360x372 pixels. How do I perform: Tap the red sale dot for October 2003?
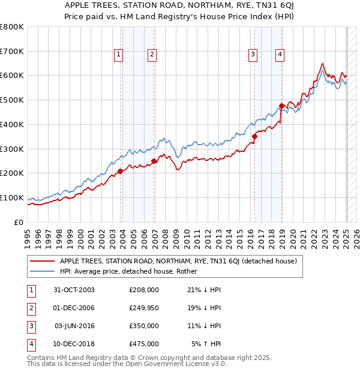[x=120, y=171]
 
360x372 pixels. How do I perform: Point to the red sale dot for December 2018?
[x=281, y=106]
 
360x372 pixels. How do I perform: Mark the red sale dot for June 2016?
[x=254, y=136]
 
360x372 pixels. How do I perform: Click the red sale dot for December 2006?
[x=154, y=161]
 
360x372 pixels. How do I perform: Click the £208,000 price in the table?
[x=144, y=289]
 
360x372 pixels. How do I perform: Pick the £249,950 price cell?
[x=144, y=307]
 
